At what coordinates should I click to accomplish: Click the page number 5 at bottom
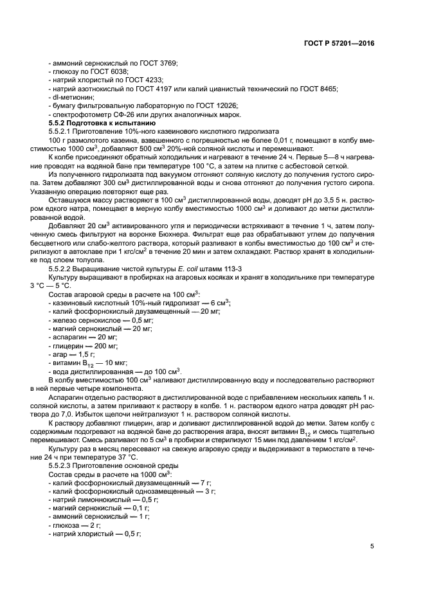pyautogui.click(x=372, y=546)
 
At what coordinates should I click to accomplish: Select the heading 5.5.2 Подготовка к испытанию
pyautogui.click(x=102, y=122)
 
